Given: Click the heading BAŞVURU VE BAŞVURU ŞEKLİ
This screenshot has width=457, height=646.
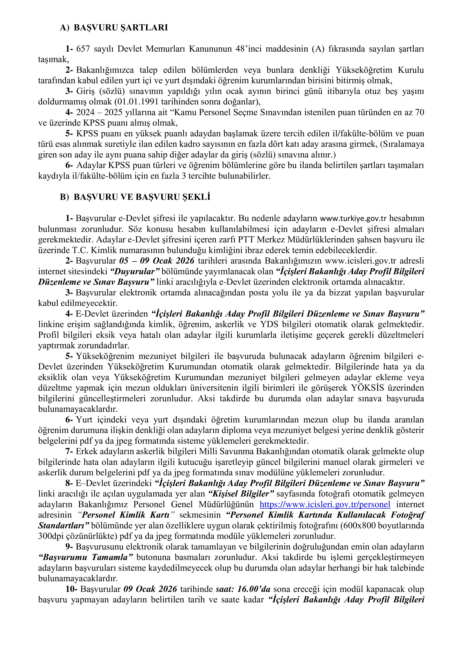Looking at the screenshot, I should click(x=142, y=197).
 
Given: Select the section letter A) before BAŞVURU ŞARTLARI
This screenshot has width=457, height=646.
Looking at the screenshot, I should click(x=64, y=28).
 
